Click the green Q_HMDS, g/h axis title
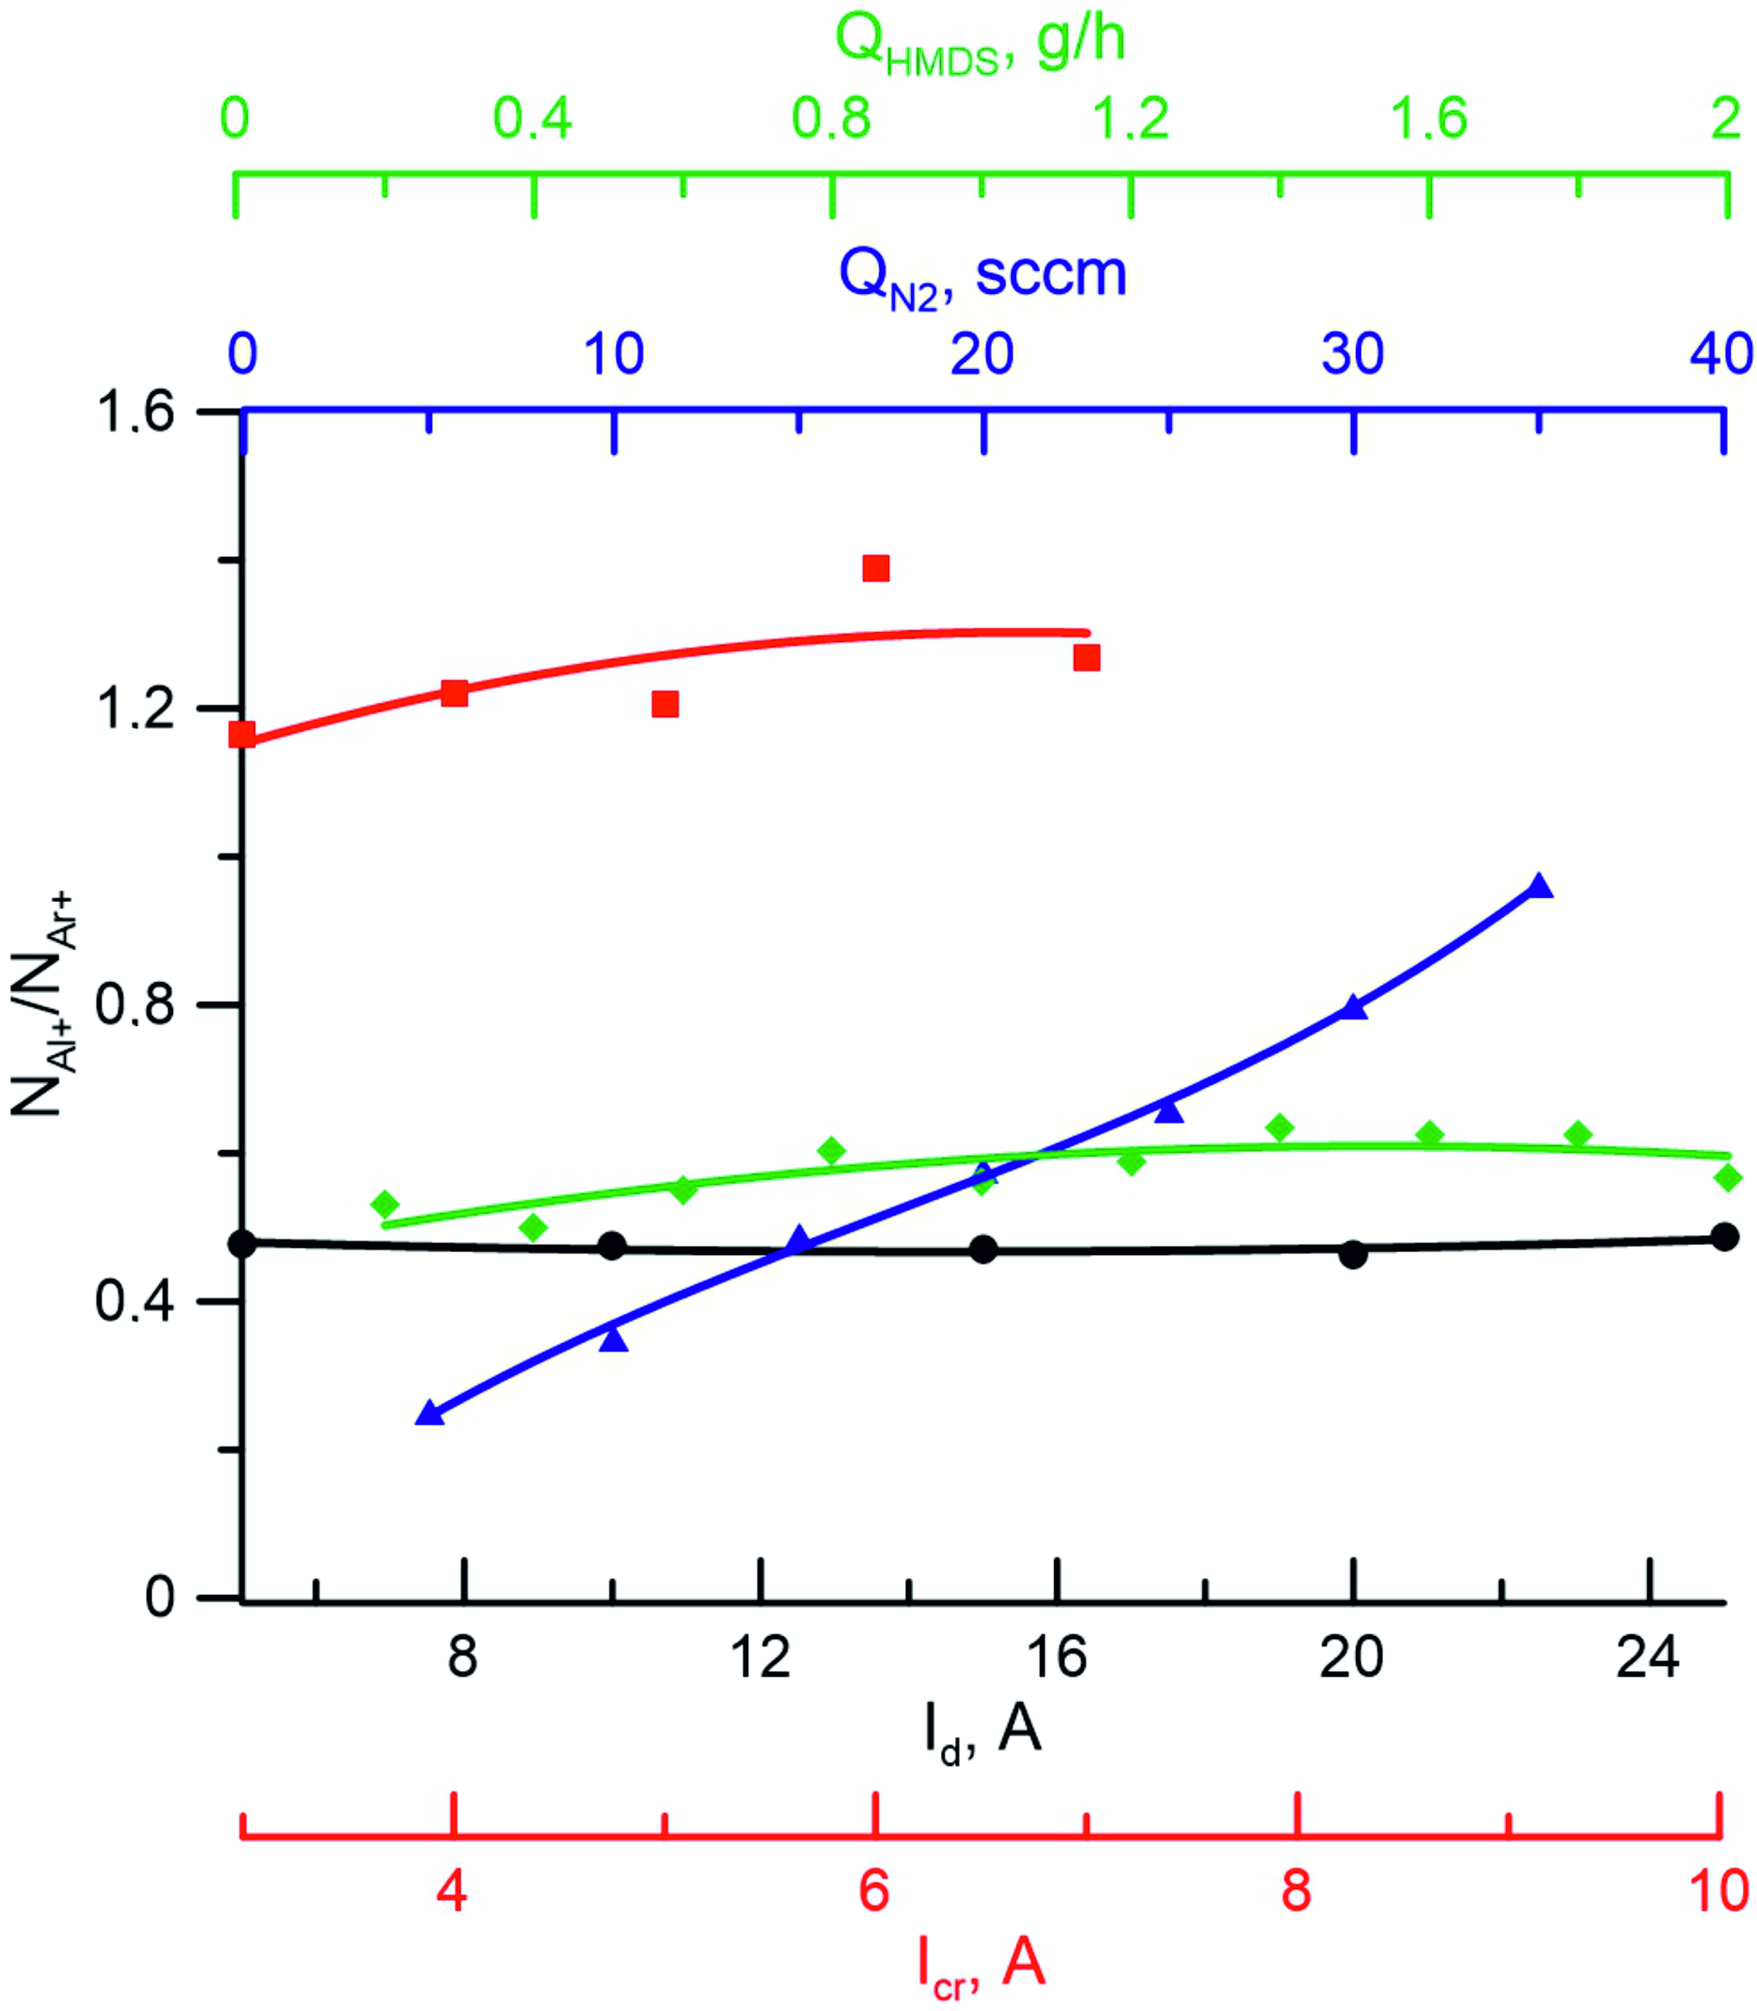pyautogui.click(x=980, y=44)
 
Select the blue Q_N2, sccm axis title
pyautogui.click(x=983, y=276)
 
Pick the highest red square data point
pyautogui.click(x=876, y=569)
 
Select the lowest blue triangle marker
pyautogui.click(x=429, y=1413)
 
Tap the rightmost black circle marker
pyautogui.click(x=1724, y=1237)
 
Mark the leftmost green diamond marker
pyautogui.click(x=384, y=1204)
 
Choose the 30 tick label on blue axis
pyautogui.click(x=1353, y=355)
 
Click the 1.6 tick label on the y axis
pyautogui.click(x=133, y=412)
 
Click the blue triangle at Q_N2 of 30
pyautogui.click(x=1354, y=1008)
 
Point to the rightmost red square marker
pyautogui.click(x=1086, y=658)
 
